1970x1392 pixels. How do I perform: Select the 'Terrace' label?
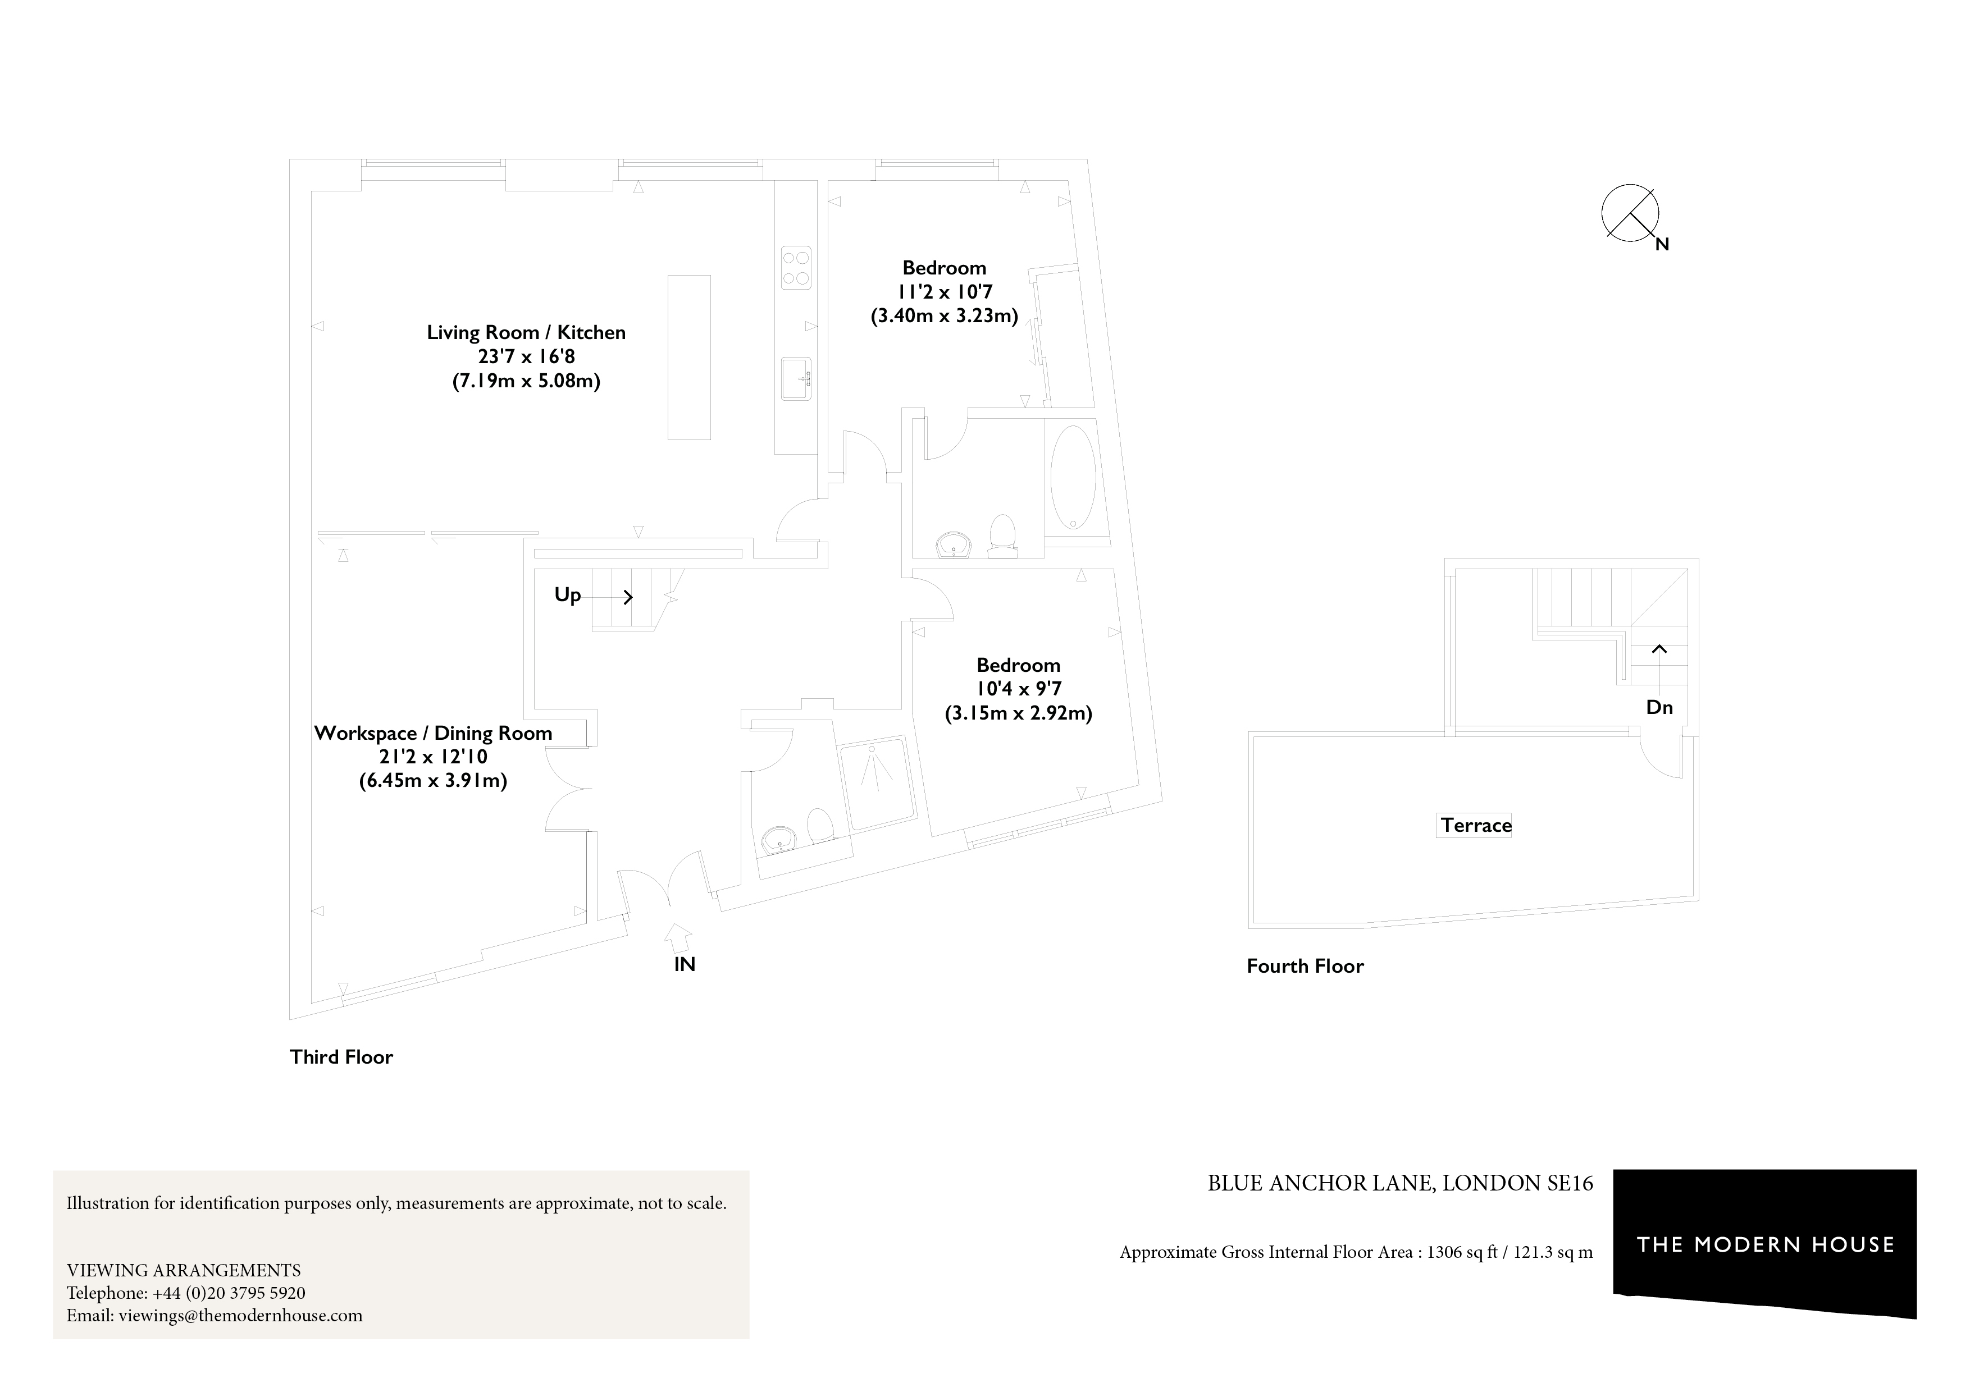click(x=1475, y=825)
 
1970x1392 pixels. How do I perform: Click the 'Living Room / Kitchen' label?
click(x=526, y=332)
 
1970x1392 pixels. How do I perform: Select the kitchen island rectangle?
click(x=689, y=357)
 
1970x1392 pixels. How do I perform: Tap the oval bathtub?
click(x=1073, y=478)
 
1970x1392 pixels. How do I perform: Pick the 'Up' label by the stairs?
click(x=567, y=595)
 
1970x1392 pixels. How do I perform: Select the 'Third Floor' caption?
click(x=341, y=1057)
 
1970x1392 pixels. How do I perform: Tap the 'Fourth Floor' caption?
click(x=1304, y=967)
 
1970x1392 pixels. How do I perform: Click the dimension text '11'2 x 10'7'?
click(x=944, y=292)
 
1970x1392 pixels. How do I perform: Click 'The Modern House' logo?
click(x=1765, y=1244)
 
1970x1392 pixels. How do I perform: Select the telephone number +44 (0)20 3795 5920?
click(x=228, y=1293)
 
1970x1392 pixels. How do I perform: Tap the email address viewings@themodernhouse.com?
click(x=240, y=1316)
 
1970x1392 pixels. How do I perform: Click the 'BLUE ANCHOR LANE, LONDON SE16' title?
click(x=1399, y=1184)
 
